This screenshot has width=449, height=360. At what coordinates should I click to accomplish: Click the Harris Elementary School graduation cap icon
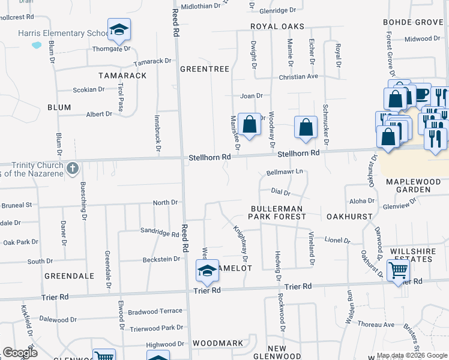coord(119,29)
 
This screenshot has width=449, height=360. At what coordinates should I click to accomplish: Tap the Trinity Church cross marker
coord(72,168)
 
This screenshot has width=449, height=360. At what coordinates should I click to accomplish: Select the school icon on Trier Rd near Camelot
coord(207,271)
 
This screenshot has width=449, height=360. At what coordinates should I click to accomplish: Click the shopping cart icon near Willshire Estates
coord(398,271)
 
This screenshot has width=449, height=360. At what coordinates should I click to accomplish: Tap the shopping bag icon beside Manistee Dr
coord(249,125)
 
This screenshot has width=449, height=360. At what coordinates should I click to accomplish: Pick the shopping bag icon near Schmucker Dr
coord(306,127)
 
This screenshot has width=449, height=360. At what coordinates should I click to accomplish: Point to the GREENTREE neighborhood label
coord(205,70)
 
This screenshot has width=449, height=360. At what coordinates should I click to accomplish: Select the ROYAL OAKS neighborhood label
coord(278,27)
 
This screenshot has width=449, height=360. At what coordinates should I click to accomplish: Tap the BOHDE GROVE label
coord(413,23)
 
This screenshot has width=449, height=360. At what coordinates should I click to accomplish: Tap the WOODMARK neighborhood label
coord(218,344)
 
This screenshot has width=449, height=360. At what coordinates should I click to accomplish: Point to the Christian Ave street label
coord(298,77)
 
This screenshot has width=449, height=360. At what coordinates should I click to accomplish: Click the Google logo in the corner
coord(20,353)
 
